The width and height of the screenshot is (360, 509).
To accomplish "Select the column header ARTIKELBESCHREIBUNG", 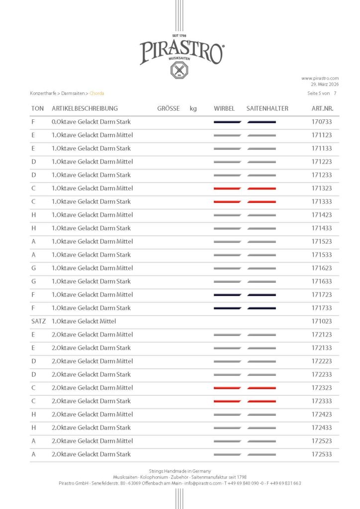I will [85, 108].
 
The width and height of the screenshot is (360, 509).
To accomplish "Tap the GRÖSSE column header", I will [168, 108].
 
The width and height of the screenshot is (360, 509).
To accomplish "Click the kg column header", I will [193, 108].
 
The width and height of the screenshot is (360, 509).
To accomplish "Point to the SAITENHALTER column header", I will [267, 108].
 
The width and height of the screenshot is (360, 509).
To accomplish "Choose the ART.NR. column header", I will [322, 108].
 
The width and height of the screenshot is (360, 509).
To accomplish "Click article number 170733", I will [322, 122].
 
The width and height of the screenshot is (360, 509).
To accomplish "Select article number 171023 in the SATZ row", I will [322, 321].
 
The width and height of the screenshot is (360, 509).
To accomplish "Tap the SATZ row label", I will [38, 321].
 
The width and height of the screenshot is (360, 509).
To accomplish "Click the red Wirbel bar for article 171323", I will [227, 188].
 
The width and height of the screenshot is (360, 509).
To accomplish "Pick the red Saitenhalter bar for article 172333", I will [262, 401].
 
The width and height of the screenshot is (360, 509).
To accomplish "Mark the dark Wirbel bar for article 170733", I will [227, 122].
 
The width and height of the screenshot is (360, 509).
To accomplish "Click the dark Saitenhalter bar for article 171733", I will [262, 308].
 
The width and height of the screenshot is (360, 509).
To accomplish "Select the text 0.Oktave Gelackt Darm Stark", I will [91, 122].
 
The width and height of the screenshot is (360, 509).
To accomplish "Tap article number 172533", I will [322, 454].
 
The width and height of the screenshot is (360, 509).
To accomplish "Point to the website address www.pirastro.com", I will [320, 78].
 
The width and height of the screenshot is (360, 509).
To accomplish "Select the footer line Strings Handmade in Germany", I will [180, 471].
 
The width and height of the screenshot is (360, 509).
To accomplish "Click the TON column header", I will [37, 108].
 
